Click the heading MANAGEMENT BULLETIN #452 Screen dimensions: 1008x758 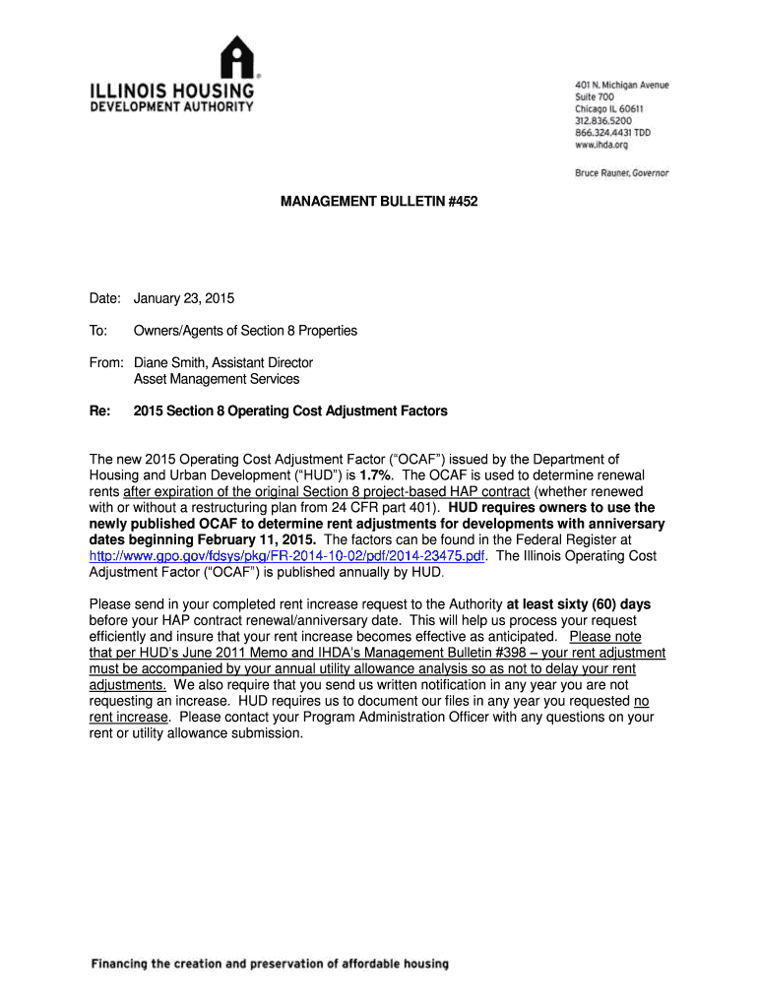(x=379, y=202)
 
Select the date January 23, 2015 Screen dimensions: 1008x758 (x=184, y=298)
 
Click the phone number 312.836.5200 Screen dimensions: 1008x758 (x=605, y=121)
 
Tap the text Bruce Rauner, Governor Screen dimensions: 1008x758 (x=621, y=173)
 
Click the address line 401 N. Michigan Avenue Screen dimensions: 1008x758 (x=621, y=86)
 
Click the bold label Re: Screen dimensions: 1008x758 (x=101, y=410)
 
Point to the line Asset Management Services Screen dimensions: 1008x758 (x=217, y=378)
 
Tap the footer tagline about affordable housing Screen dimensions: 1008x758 (x=270, y=964)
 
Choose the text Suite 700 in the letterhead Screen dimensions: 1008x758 (x=595, y=97)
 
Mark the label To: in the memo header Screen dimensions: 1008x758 (x=99, y=331)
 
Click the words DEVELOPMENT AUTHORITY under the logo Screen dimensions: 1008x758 (x=172, y=106)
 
